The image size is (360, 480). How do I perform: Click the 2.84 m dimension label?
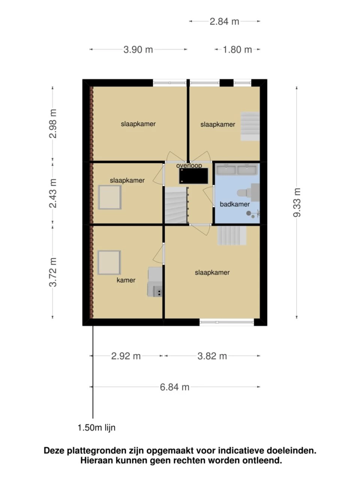coord(224,21)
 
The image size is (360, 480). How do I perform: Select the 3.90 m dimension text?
coord(138,49)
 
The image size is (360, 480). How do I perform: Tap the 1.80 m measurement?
coord(237,49)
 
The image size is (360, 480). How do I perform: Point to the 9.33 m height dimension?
coord(297,202)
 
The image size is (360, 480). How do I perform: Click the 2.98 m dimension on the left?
coord(53,123)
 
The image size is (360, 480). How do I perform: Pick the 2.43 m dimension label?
coord(53,193)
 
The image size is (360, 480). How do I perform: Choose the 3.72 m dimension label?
coord(53,272)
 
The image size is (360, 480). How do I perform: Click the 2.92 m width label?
coord(126,356)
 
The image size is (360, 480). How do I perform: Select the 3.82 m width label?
coord(212,356)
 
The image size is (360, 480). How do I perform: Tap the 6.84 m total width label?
coord(174,387)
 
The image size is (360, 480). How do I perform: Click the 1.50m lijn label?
coord(96,427)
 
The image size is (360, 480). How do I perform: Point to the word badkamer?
coord(234,204)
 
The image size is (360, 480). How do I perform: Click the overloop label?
coord(189,165)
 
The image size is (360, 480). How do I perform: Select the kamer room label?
coord(126,280)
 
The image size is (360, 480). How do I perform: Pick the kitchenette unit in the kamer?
coord(155,282)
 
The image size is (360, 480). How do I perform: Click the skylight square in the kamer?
coord(109,262)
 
